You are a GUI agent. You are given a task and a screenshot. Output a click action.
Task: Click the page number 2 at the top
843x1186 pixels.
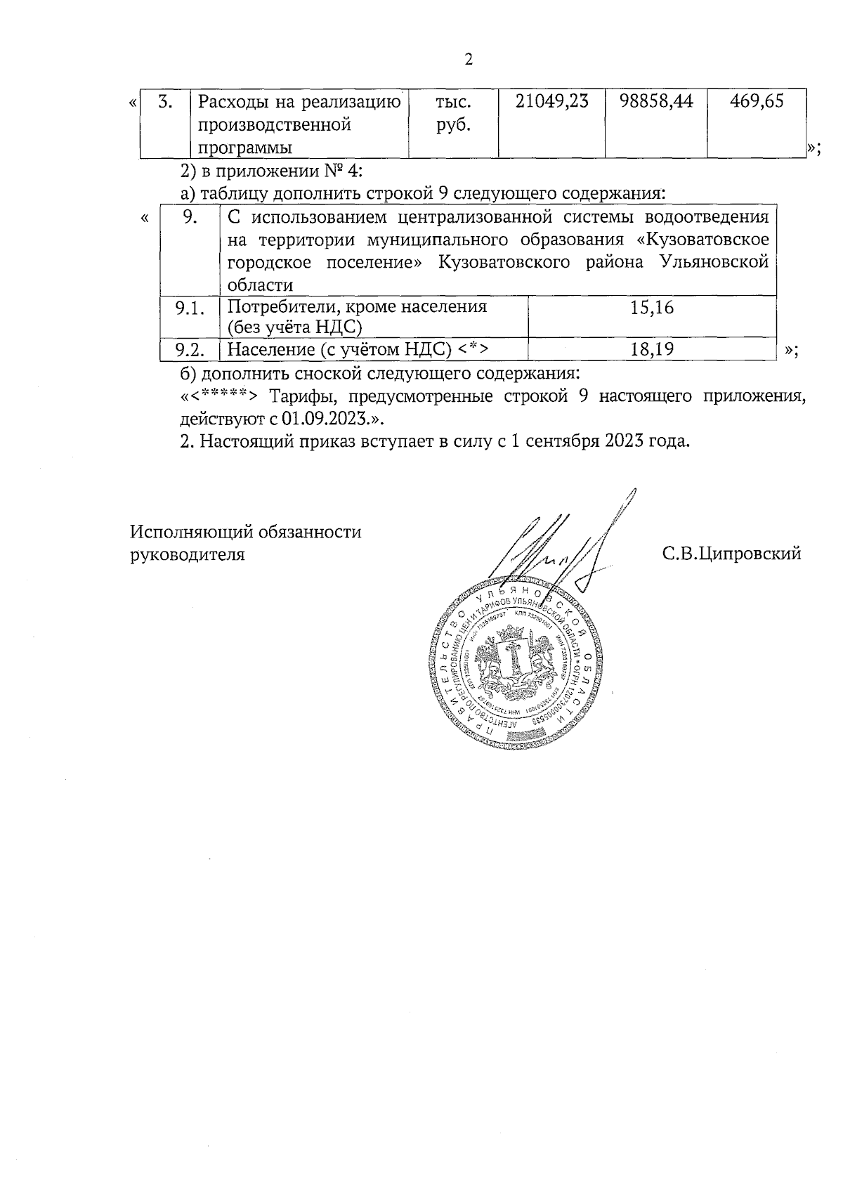[x=469, y=60]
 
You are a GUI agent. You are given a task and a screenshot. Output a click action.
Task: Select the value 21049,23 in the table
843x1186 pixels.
[x=551, y=102]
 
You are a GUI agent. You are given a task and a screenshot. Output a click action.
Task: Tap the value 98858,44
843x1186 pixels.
[x=656, y=102]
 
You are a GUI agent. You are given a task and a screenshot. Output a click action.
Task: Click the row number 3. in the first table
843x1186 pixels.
[x=166, y=102]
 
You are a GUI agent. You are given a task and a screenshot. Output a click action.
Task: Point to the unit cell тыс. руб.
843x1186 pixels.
[x=453, y=114]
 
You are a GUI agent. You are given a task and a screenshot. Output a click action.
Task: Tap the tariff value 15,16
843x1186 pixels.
[x=652, y=308]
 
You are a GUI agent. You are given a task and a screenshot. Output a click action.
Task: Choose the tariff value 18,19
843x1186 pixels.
[x=652, y=349]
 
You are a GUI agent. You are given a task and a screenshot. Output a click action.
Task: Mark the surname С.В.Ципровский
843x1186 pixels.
[x=731, y=554]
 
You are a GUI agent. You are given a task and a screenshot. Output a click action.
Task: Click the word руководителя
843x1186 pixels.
[x=188, y=554]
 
